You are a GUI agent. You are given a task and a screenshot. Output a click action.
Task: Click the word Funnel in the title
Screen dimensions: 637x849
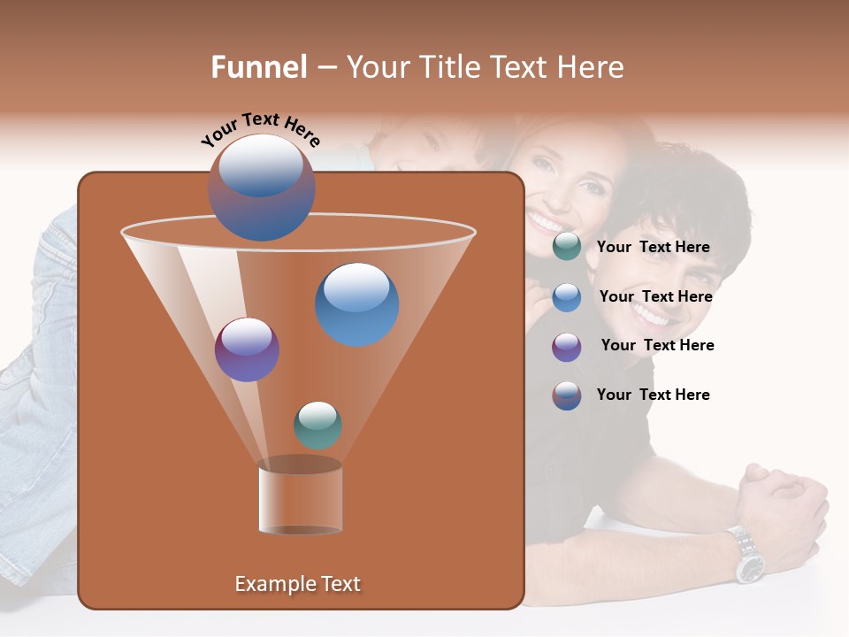point(259,67)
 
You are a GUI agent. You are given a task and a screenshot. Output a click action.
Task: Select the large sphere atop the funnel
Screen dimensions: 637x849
point(261,188)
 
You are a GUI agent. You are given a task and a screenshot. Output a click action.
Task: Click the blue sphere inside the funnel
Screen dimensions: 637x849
point(356,303)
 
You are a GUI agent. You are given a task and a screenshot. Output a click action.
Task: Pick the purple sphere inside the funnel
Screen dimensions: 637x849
point(247,349)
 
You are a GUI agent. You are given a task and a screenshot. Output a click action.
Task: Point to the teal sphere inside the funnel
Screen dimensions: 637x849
point(317,425)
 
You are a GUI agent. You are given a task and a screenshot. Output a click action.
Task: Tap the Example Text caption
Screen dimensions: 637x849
point(298,584)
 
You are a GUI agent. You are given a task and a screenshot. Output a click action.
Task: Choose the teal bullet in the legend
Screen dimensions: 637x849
point(566,247)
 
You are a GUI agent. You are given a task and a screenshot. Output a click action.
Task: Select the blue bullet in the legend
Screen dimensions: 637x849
point(566,297)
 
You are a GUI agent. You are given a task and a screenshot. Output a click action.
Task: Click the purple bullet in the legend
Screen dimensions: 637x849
point(566,347)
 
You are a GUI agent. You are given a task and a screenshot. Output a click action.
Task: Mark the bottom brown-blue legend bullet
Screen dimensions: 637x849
point(566,395)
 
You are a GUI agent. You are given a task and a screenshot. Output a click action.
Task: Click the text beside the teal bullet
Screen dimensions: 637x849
point(653,247)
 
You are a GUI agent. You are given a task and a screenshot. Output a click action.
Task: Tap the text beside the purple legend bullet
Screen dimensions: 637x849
point(657,345)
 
